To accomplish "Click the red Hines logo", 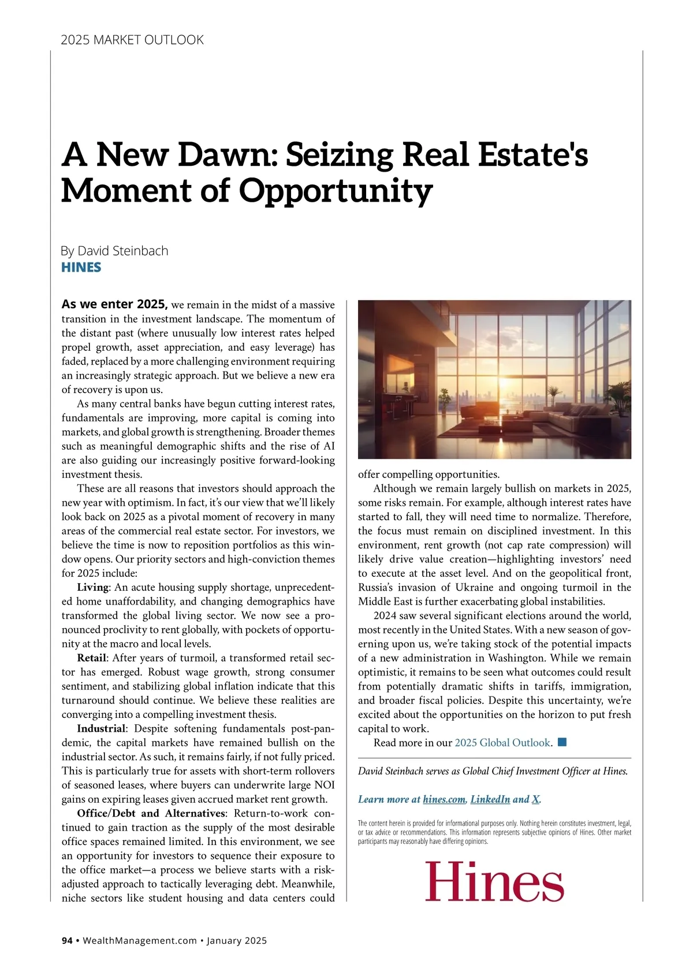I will click(x=494, y=881).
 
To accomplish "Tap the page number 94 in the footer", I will click(x=67, y=941).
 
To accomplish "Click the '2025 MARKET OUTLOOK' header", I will click(x=132, y=40).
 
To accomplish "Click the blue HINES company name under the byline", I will click(x=81, y=267).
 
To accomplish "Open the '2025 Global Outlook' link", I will click(x=502, y=743).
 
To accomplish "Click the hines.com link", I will click(x=444, y=799).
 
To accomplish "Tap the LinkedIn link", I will click(x=490, y=799).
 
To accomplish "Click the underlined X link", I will click(x=535, y=799).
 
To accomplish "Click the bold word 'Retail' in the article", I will click(x=92, y=658).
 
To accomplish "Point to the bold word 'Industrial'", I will click(x=101, y=728).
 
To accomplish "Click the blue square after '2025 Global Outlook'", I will click(x=562, y=742).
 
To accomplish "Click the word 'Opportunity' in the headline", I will click(x=336, y=190).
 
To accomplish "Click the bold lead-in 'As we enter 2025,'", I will click(x=114, y=305).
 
